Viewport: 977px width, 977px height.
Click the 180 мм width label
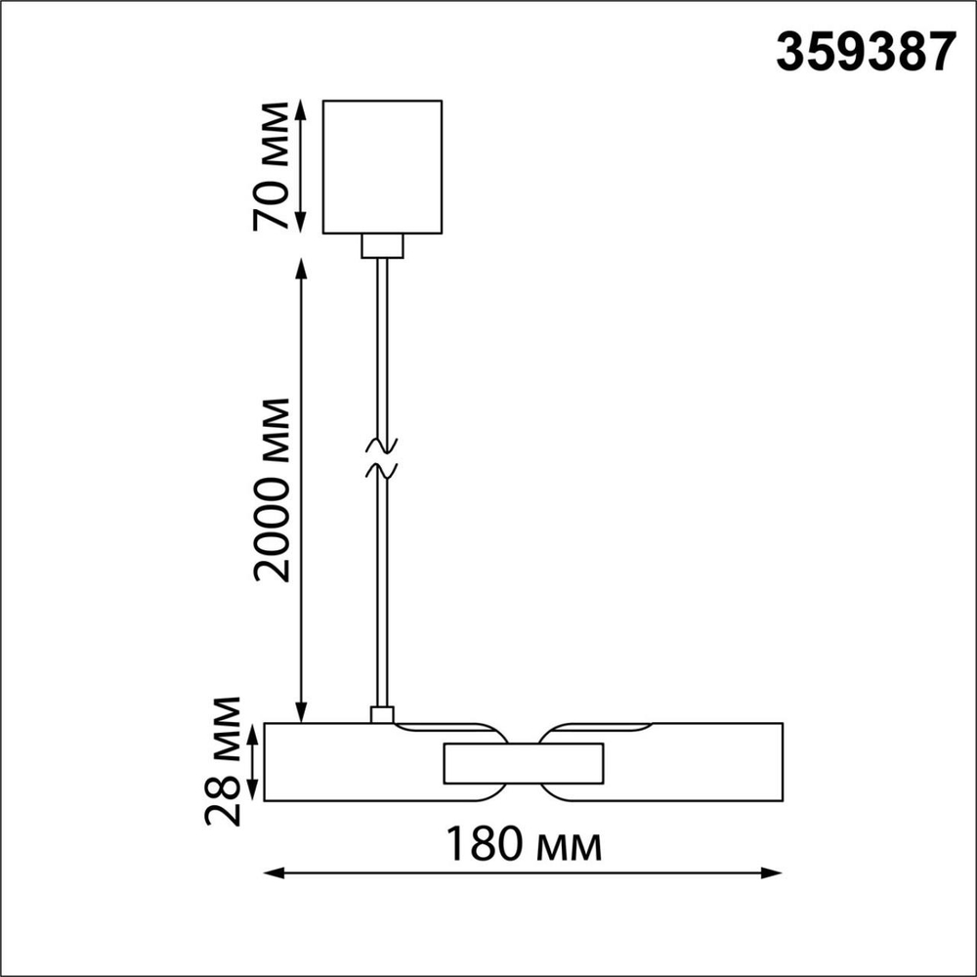click(x=524, y=844)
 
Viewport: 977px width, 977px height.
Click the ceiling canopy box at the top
click(x=382, y=166)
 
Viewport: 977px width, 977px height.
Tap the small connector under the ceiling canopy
click(x=382, y=245)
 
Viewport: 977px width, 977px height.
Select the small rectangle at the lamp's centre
click(x=524, y=763)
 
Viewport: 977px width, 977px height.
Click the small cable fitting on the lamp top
click(x=382, y=714)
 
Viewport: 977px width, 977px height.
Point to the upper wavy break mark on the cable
click(x=382, y=446)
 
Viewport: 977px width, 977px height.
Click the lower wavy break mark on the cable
click(x=382, y=472)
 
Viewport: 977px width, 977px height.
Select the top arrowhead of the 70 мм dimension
click(x=302, y=108)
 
